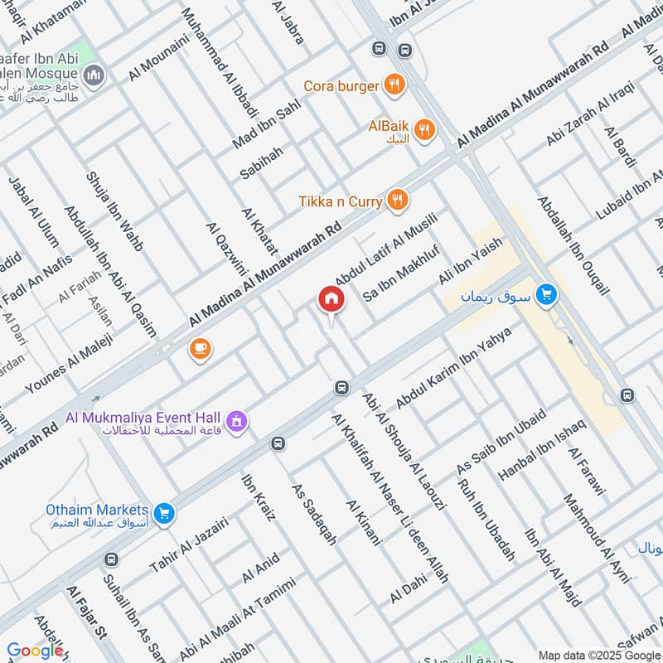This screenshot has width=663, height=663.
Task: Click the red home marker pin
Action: click(331, 299)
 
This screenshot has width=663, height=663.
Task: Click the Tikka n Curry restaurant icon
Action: click(399, 201)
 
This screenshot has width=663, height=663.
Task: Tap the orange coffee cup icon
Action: click(200, 349)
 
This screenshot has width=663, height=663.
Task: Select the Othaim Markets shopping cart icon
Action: click(165, 513)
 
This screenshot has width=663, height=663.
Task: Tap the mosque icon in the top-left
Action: click(95, 76)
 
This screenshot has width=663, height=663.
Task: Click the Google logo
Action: click(35, 651)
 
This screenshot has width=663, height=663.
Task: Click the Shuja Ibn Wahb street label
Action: click(114, 211)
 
